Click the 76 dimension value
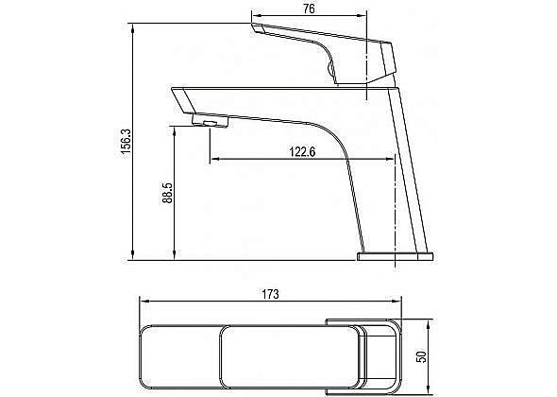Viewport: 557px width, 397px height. [309, 9]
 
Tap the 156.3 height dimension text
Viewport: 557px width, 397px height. [127, 141]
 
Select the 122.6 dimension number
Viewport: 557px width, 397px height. [302, 152]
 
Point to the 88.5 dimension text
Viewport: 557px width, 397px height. [167, 193]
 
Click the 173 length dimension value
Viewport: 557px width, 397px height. [270, 294]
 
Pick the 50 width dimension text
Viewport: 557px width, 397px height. [421, 356]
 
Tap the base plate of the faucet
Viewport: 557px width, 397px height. [395, 256]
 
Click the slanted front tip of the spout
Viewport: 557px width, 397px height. [183, 100]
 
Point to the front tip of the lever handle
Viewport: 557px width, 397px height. [257, 28]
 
